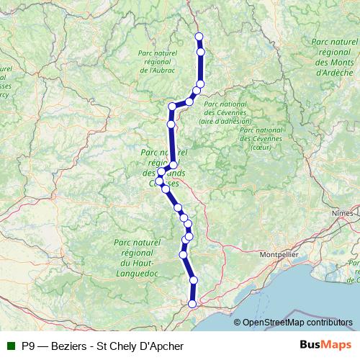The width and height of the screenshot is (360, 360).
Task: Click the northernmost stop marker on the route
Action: pos(199,37)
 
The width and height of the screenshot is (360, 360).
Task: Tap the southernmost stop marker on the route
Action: pos(192,304)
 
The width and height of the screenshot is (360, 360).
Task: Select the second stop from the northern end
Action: pos(200,52)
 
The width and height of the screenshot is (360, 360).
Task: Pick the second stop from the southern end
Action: pos(194,280)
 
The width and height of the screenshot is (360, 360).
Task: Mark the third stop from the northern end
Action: pos(200,84)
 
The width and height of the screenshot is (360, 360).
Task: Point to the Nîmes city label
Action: pos(343,214)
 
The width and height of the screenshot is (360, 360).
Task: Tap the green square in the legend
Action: pos(12,346)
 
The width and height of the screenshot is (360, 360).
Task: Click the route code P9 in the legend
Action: pos(29,346)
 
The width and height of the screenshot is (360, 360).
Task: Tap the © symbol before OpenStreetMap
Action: pos(238,323)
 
